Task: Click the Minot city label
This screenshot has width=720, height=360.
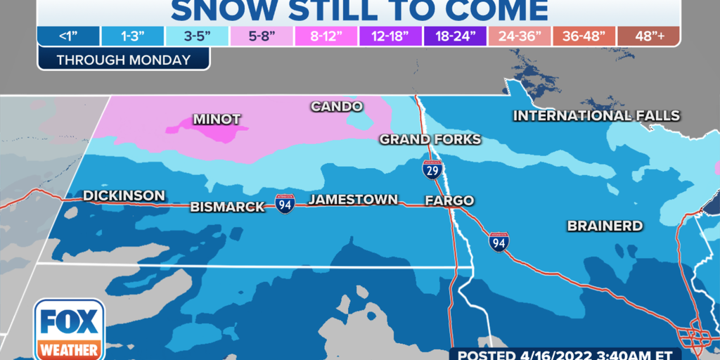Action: pyautogui.click(x=216, y=119)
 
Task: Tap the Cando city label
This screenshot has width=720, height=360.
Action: pyautogui.click(x=337, y=106)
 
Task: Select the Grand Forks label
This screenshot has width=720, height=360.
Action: pyautogui.click(x=430, y=139)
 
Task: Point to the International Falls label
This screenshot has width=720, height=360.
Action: pyautogui.click(x=596, y=115)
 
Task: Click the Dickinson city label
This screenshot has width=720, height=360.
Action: pyautogui.click(x=124, y=195)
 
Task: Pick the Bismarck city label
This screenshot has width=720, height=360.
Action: pyautogui.click(x=228, y=207)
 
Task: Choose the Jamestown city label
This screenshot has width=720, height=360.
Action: pyautogui.click(x=353, y=200)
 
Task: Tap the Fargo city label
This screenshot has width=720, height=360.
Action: pyautogui.click(x=449, y=200)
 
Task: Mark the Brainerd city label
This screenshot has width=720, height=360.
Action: pyautogui.click(x=605, y=226)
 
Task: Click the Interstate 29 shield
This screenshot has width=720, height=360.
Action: pyautogui.click(x=432, y=169)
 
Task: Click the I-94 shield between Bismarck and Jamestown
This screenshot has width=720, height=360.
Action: pyautogui.click(x=285, y=205)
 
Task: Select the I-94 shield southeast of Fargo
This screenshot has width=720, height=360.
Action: pyautogui.click(x=499, y=242)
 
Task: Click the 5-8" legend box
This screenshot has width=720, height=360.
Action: pyautogui.click(x=268, y=37)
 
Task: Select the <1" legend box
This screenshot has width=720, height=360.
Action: pyautogui.click(x=69, y=37)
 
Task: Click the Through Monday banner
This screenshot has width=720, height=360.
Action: pyautogui.click(x=124, y=59)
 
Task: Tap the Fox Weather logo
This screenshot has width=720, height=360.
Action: pyautogui.click(x=69, y=329)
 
